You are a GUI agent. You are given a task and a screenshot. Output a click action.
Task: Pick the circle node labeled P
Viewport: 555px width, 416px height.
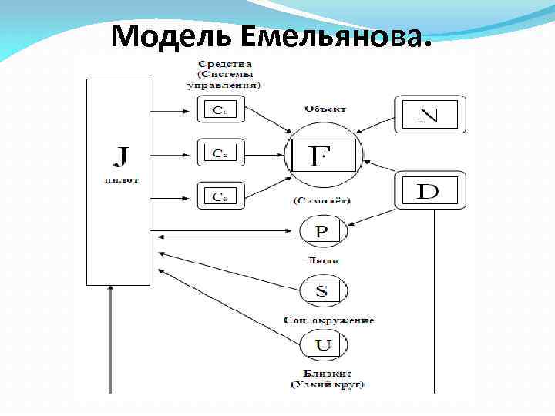322,231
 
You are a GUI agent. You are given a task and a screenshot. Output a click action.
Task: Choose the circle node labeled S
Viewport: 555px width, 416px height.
323,290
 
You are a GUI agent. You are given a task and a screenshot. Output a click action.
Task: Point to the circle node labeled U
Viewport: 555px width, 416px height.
323,344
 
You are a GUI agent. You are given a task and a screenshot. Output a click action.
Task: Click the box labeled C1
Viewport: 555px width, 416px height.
218,109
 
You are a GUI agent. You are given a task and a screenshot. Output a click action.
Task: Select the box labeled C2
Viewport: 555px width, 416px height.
218,153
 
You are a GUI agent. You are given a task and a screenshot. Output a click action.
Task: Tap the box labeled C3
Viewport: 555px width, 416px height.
218,196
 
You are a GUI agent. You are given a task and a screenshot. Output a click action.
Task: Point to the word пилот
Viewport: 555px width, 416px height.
120,179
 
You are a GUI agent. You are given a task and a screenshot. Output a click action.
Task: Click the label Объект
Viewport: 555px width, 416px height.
325,109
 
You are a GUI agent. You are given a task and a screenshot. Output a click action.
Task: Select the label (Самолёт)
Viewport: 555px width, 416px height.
321,201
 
